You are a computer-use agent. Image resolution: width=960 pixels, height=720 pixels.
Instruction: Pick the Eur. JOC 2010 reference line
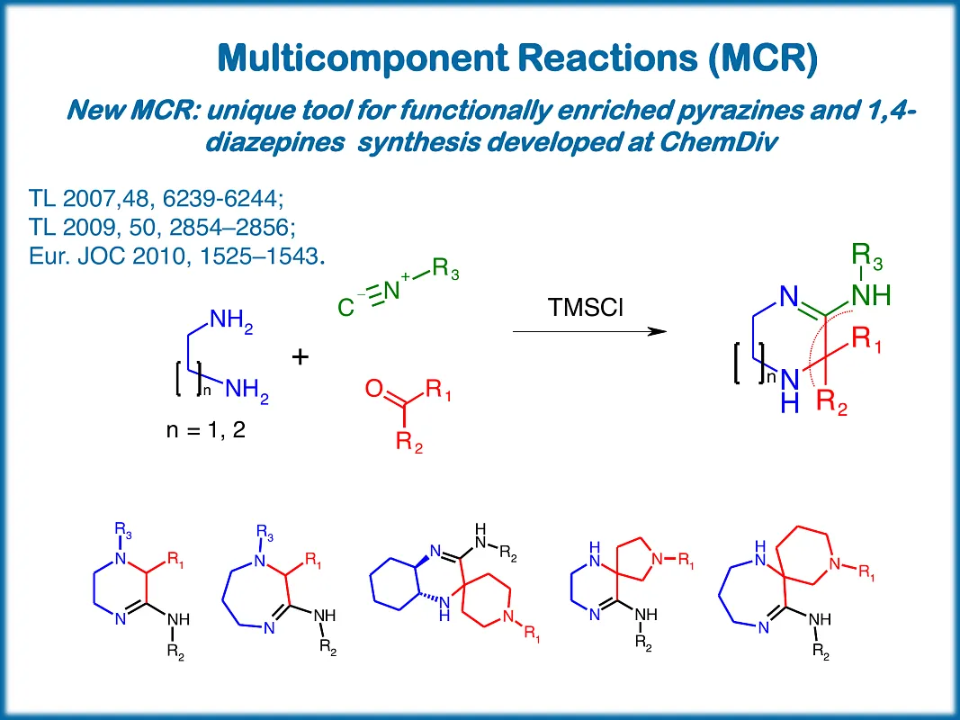[x=176, y=255]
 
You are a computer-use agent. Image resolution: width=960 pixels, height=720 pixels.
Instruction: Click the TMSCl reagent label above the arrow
[x=586, y=308]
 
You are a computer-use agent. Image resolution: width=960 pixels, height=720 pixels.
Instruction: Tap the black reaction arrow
[x=589, y=332]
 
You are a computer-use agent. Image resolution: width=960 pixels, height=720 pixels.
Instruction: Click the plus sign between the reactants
[x=301, y=357]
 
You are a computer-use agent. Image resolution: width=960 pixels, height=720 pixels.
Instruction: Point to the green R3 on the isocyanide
[x=445, y=270]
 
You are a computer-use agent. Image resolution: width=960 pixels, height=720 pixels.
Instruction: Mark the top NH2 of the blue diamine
[x=231, y=320]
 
